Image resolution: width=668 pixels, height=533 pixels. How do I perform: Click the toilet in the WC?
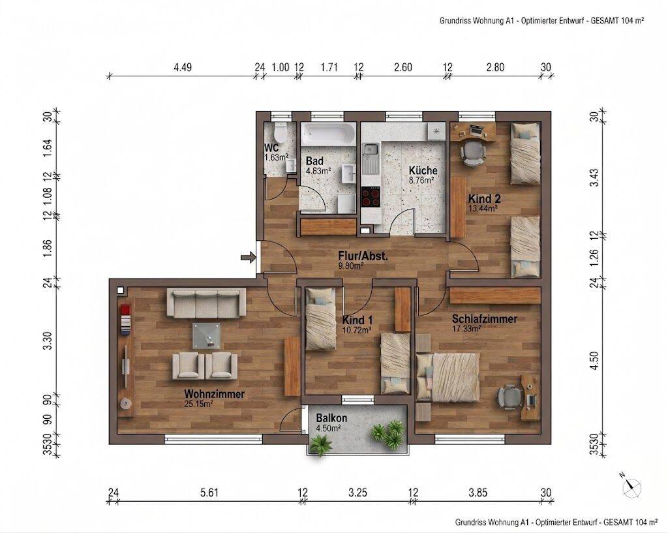point(281,133)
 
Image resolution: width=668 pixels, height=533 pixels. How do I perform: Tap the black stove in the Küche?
point(371,197)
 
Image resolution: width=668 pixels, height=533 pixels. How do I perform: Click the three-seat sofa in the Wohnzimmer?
point(206,303)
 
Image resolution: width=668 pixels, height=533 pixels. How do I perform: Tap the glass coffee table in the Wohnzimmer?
point(207,336)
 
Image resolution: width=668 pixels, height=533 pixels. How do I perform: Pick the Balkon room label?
point(331,418)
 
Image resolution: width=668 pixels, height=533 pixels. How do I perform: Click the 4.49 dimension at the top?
point(183,67)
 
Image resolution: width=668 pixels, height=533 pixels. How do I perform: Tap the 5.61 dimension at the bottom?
point(209,493)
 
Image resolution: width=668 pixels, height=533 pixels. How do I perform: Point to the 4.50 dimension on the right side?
point(595,361)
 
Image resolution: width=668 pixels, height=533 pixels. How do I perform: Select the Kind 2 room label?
point(485,198)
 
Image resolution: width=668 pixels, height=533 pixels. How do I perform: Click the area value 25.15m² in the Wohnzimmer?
point(198,404)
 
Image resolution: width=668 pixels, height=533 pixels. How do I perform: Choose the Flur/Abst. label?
point(363,256)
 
